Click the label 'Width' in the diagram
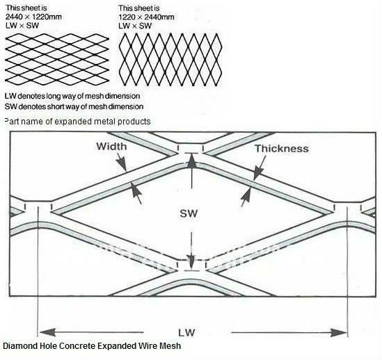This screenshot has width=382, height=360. (111, 146)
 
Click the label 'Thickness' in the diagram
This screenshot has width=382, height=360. (282, 149)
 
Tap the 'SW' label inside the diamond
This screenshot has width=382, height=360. (189, 213)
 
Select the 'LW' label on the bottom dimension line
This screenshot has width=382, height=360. (186, 332)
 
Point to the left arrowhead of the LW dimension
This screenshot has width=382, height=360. (48, 332)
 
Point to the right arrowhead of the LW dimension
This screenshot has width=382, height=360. (338, 332)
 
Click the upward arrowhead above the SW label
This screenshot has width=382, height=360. (192, 161)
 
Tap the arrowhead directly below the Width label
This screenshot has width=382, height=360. (122, 162)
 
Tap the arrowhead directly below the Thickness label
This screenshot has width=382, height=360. (257, 173)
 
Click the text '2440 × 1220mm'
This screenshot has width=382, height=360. (33, 17)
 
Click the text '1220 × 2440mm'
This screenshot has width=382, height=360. (146, 17)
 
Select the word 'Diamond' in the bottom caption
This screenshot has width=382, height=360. (19, 345)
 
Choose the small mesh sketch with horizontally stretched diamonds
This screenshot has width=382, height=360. (57, 59)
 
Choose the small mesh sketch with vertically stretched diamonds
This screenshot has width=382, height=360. (170, 60)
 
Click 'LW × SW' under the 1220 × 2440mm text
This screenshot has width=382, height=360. (135, 26)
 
